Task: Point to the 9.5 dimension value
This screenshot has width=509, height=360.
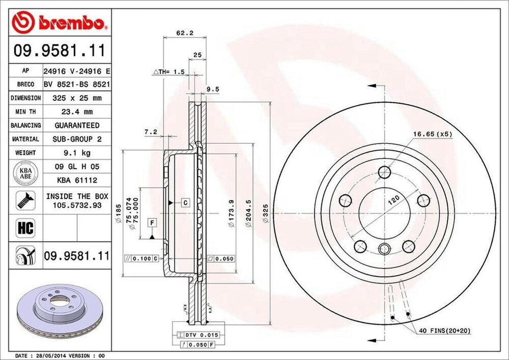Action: (x=213, y=90)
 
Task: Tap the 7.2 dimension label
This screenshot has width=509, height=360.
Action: (x=150, y=132)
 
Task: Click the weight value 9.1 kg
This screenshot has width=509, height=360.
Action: (x=77, y=153)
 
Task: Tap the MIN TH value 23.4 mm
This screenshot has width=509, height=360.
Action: (x=77, y=112)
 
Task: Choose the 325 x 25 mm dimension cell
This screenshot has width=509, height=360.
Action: (x=77, y=98)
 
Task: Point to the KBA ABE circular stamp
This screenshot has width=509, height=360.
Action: (x=25, y=173)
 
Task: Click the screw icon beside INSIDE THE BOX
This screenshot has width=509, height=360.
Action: (x=25, y=200)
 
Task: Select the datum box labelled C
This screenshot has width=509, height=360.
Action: (x=184, y=202)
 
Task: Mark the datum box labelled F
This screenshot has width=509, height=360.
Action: (x=152, y=222)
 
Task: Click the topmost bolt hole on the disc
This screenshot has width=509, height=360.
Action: (x=385, y=172)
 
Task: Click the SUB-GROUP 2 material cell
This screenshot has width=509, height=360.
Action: (x=77, y=139)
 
